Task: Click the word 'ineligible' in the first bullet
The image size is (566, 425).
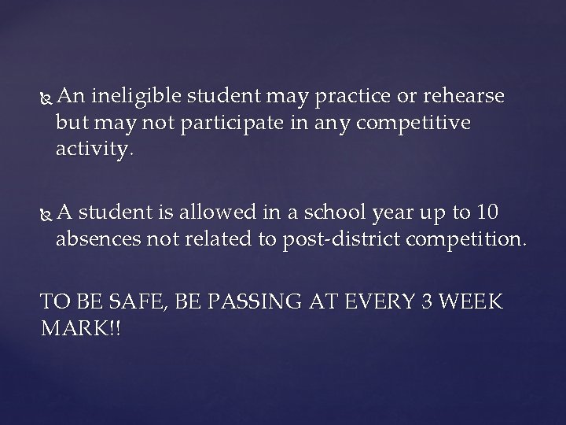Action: click(137, 96)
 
